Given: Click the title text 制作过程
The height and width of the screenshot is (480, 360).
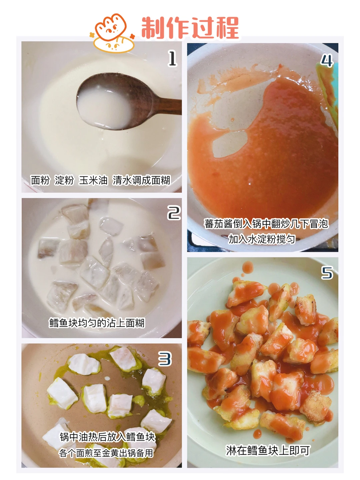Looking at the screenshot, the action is coord(190,28).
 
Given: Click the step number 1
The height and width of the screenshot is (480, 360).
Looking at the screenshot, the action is coord(172,58).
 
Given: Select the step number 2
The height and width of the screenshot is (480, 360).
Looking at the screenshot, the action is coord(174,213).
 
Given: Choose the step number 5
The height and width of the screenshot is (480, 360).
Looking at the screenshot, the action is coord(327,273).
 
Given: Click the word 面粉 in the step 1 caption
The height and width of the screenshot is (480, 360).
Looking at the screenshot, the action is coord(40,180).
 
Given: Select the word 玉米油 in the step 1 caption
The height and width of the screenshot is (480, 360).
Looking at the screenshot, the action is coord(93,180).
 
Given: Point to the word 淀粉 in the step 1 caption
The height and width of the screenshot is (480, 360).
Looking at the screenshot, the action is coord(64,180).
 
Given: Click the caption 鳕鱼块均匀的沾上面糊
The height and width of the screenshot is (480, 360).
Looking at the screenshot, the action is coord(97,323).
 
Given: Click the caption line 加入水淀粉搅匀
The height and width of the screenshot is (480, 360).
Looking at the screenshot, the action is coord(262,239).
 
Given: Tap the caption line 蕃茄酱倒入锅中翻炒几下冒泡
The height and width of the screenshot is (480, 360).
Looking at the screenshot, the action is coord(266,224).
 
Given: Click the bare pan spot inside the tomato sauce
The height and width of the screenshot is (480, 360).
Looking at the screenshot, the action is coord(230,144).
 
